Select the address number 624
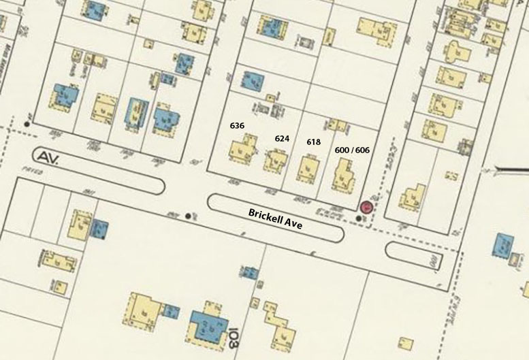pyautogui.click(x=282, y=138)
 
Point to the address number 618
pyautogui.click(x=313, y=142)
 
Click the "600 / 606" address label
pyautogui.click(x=352, y=149)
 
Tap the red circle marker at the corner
pyautogui.click(x=367, y=208)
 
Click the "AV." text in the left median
pyautogui.click(x=49, y=157)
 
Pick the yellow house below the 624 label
pyautogui.click(x=277, y=162)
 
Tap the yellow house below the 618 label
pyautogui.click(x=308, y=167)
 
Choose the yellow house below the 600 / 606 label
pyautogui.click(x=344, y=175)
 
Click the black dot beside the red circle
pyautogui.click(x=359, y=218)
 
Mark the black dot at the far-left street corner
pyautogui.click(x=27, y=124)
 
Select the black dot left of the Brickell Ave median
pyautogui.click(x=188, y=216)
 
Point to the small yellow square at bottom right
pyautogui.click(x=406, y=341)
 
